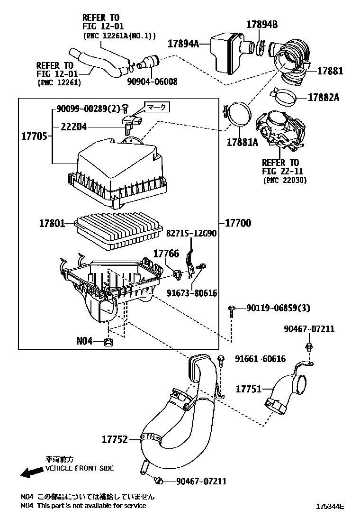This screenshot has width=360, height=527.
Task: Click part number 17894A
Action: pos(183,44)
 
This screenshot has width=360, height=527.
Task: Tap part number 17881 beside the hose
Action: pos(330,71)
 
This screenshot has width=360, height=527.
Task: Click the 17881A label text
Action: pos(243,142)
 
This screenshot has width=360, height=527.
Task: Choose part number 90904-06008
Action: pos(152,82)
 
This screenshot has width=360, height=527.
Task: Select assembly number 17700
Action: pos(238,222)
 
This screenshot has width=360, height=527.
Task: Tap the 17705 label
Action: pos(34,136)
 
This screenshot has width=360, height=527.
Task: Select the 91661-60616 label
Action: pos(260,359)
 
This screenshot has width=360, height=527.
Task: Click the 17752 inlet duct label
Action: pos(115,439)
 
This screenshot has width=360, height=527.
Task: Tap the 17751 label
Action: pos(249,389)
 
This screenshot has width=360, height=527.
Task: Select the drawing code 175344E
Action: pos(330,506)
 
